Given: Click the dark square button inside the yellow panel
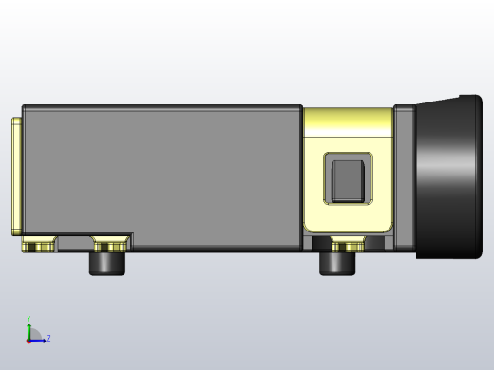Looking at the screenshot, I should pyautogui.click(x=348, y=179).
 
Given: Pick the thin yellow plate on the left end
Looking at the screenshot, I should pyautogui.click(x=16, y=176).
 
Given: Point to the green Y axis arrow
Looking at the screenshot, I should pyautogui.click(x=28, y=328).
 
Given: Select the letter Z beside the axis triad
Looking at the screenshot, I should pyautogui.click(x=48, y=338).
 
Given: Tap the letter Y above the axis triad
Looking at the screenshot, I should pyautogui.click(x=28, y=319).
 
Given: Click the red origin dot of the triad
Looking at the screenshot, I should pyautogui.click(x=28, y=340).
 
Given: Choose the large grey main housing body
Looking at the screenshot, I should pyautogui.click(x=161, y=171).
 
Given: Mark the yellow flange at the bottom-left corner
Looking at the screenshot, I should pyautogui.click(x=38, y=247).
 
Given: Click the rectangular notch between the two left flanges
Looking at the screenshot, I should pyautogui.click(x=75, y=244).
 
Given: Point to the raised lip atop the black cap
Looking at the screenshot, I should pyautogui.click(x=470, y=99).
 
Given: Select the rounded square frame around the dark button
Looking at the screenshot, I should pyautogui.click(x=328, y=178).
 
